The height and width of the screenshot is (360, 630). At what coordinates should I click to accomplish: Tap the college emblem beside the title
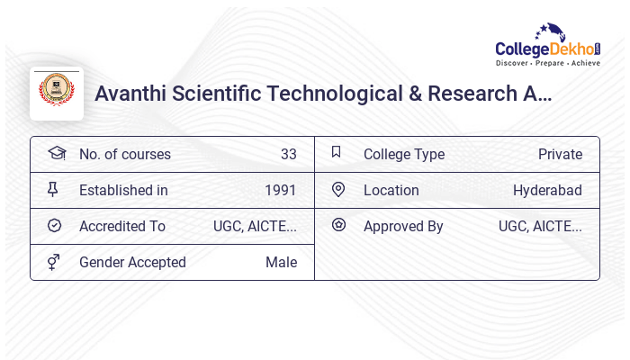coord(57,92)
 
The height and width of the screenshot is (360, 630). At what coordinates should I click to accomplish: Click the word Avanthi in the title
coord(131,94)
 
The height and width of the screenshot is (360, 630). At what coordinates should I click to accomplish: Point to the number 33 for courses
coord(288,154)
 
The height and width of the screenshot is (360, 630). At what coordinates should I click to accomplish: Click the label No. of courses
coord(124,154)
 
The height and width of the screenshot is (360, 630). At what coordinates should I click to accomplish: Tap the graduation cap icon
coord(56,153)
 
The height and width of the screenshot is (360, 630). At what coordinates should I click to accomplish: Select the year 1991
coord(280,190)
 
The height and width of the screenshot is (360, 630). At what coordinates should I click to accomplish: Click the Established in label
coord(123,190)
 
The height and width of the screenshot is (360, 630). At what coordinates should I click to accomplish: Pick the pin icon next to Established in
coord(52,189)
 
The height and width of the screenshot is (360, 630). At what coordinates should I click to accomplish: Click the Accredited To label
coord(121,226)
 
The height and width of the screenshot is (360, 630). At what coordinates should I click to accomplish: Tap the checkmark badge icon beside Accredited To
coord(54,225)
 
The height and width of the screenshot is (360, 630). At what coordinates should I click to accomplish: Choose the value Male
coord(281,262)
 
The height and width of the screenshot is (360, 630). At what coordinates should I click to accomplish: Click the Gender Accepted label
coord(132,262)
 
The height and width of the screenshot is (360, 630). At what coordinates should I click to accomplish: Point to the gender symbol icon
coord(54,261)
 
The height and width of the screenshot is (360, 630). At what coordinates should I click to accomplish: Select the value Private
coord(560,154)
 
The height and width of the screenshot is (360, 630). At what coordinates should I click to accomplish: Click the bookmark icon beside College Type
coord(337,152)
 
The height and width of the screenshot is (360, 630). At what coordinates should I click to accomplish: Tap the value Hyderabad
coord(547,190)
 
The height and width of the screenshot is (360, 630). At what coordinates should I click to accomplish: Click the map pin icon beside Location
coord(338,189)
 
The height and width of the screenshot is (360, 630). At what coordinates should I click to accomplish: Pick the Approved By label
coord(403,226)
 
